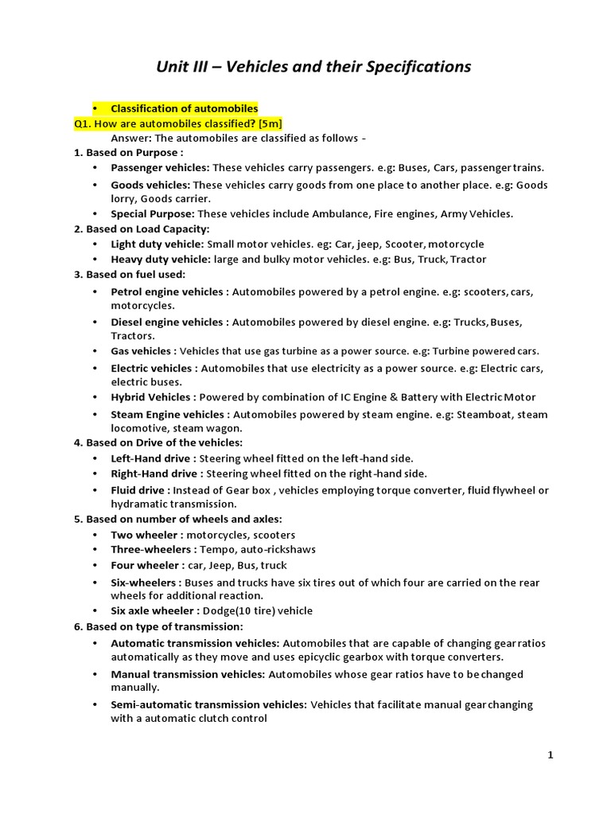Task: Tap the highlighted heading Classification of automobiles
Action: tap(184, 108)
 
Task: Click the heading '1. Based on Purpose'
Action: tap(129, 153)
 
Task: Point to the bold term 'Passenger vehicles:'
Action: tap(160, 168)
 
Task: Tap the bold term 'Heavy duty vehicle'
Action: tap(158, 259)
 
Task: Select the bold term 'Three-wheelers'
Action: tap(150, 550)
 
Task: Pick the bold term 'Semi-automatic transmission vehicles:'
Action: tap(208, 704)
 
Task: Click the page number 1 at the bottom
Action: tap(550, 756)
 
